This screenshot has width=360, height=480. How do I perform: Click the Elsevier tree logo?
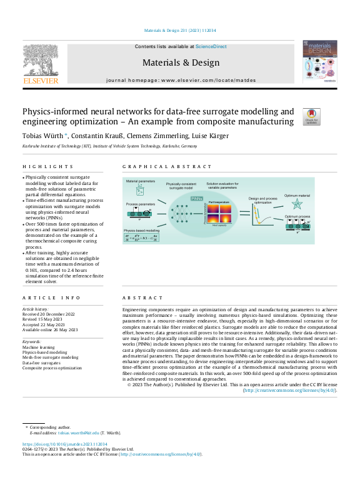click(x=41, y=61)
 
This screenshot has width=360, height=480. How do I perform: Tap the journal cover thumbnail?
click(x=319, y=62)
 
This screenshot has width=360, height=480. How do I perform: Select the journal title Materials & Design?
click(x=181, y=62)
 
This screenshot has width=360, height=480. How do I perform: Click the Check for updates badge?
click(x=311, y=116)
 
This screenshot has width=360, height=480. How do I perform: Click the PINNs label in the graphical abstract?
click(x=197, y=197)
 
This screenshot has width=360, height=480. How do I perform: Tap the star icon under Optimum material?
click(x=297, y=204)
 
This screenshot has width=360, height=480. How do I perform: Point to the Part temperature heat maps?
click(x=219, y=216)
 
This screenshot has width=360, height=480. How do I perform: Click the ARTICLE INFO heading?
click(x=42, y=299)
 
